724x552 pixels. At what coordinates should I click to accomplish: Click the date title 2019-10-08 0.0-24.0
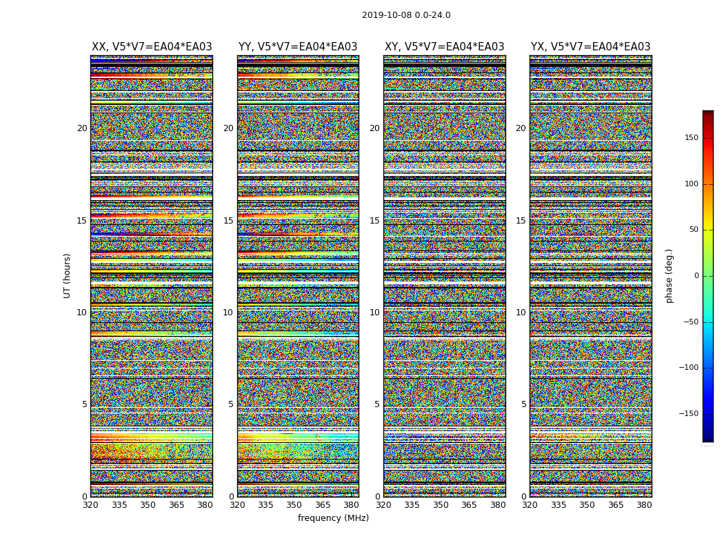tap(406, 15)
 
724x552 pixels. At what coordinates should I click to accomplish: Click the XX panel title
tap(152, 47)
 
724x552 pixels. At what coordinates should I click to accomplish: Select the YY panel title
tap(298, 47)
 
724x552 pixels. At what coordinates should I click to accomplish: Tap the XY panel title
tap(444, 47)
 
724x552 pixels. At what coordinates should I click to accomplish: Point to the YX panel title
tap(590, 47)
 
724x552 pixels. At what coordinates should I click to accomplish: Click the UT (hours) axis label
tap(68, 275)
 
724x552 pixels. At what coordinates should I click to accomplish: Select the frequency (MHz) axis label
tap(333, 518)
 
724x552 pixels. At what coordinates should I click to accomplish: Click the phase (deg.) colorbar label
tap(670, 275)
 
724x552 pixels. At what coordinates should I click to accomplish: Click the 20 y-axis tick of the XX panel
tap(82, 128)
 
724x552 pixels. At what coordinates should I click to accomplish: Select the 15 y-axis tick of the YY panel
tap(228, 221)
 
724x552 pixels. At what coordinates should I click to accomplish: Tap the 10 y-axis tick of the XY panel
tap(374, 313)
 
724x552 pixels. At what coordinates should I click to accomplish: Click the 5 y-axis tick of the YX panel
tap(523, 404)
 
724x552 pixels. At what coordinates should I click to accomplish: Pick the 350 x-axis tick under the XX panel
tap(148, 505)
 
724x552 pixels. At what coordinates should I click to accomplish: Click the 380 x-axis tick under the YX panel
tap(644, 505)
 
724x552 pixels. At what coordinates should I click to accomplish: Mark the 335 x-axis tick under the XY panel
tap(412, 505)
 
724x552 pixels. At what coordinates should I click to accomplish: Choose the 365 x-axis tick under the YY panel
tap(323, 505)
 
